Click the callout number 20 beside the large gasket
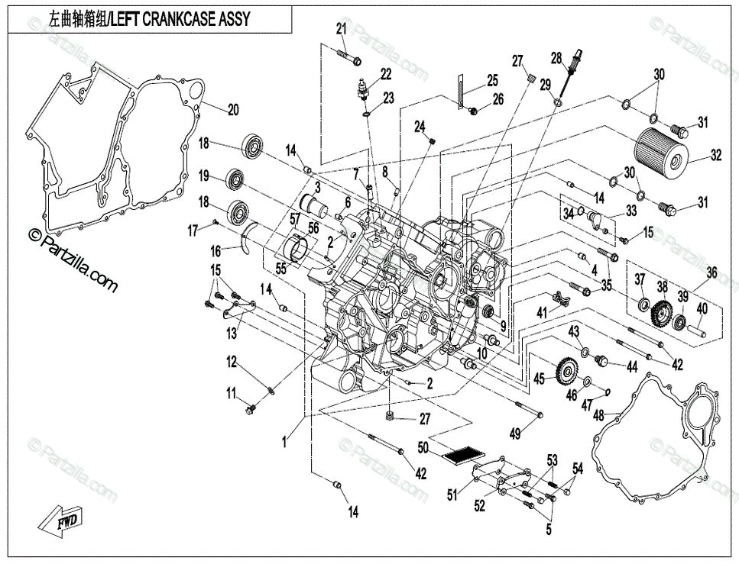coord(233,110)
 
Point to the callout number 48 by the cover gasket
coord(598,415)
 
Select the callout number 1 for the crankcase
coord(284,442)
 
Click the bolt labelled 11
coord(250,408)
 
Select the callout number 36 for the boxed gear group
coord(711,272)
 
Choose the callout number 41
coord(543,311)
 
